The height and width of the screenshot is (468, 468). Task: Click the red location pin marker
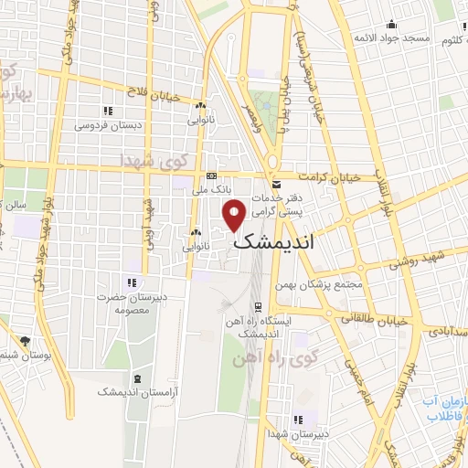coord(235,216)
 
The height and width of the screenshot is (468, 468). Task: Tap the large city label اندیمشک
coord(273,243)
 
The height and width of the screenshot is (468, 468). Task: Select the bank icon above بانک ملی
coord(212,175)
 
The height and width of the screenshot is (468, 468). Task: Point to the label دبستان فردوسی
coord(104,124)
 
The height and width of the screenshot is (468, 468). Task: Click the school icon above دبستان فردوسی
coord(108,111)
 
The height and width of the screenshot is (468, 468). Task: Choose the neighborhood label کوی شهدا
coord(153,160)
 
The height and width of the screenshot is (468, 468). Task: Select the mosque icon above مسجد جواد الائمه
coord(392,24)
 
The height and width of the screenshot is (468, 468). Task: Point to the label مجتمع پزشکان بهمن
coord(326,285)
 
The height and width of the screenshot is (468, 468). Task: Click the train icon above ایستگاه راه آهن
coord(259,306)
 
